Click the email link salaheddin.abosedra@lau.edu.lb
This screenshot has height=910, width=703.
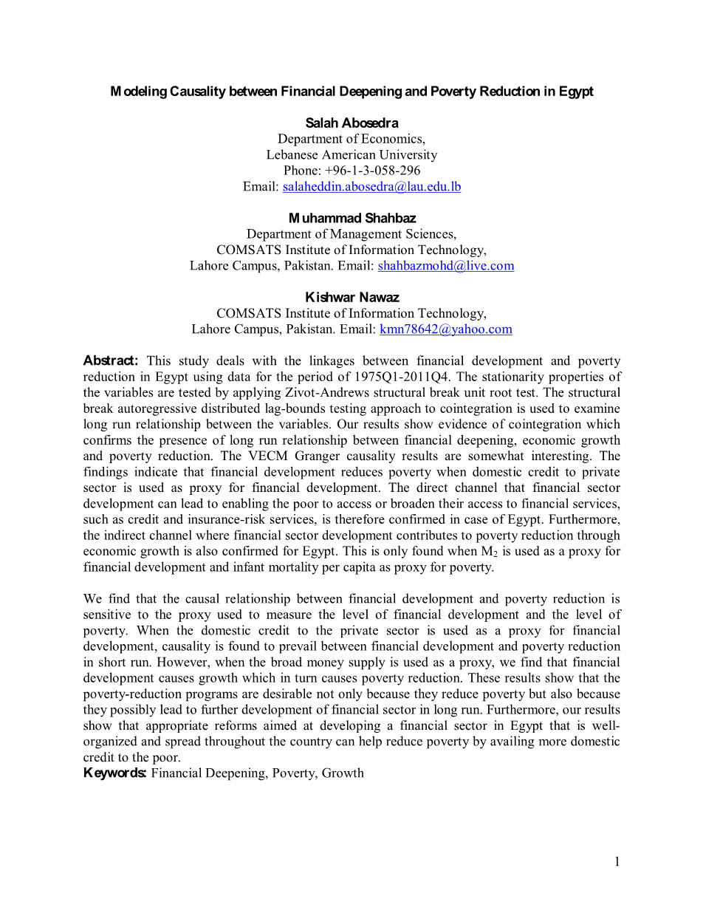[371, 187]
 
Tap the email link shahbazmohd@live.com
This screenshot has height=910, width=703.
[445, 266]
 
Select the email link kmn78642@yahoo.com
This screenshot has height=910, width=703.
[445, 329]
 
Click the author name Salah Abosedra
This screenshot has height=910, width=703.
[351, 123]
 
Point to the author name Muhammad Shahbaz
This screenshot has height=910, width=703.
[351, 218]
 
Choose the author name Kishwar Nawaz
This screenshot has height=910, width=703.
[351, 297]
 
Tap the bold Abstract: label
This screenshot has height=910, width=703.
[111, 361]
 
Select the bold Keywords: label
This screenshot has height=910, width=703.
[115, 773]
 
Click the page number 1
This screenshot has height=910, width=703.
[617, 861]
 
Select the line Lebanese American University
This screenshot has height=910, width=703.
[351, 155]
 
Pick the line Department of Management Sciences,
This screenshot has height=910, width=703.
[351, 234]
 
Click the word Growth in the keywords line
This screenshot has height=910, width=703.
[343, 773]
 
